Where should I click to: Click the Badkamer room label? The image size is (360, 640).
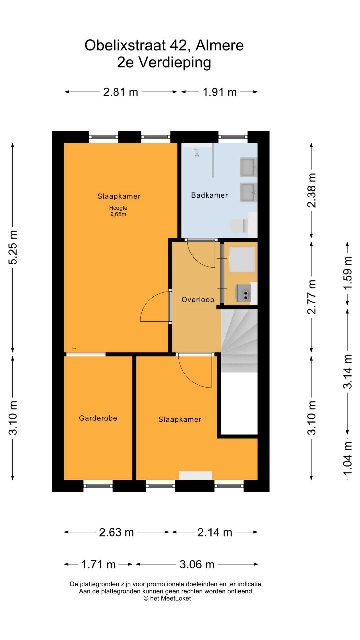pos(209,195)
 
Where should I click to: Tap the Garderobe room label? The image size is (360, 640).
pos(98,418)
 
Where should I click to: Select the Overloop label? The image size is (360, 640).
pos(198,300)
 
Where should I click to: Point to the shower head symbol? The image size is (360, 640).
pos(197,153)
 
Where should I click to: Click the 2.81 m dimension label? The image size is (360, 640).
pos(121,92)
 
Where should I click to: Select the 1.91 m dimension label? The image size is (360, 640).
pos(220,92)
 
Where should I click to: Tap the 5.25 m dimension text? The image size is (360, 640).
pos(13,247)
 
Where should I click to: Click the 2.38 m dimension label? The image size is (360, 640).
pos(311,190)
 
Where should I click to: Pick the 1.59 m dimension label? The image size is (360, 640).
pos(347,273)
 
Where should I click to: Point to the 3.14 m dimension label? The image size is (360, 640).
pos(347,372)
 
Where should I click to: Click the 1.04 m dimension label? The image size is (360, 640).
pos(347,459)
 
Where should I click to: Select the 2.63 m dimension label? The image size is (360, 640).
pos(116,532)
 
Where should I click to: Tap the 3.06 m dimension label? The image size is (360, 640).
pos(197,564)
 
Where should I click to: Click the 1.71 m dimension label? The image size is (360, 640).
pos(99,564)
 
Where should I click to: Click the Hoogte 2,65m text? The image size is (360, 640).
pos(118,211)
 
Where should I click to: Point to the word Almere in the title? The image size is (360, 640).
pos(220,45)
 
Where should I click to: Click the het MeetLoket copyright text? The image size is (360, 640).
pos(167,598)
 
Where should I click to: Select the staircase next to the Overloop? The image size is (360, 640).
pos(239,341)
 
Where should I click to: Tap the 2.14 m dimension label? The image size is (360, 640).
pos(215,532)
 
